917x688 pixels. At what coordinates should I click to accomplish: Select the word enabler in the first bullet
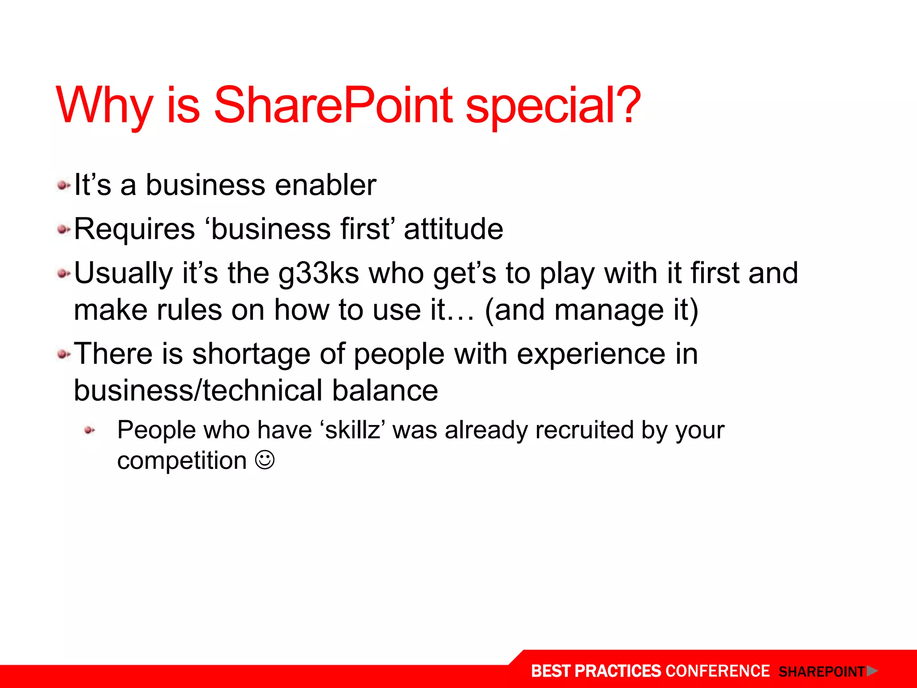click(325, 185)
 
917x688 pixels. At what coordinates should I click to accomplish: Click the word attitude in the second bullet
click(453, 229)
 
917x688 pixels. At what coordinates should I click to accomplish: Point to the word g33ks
click(318, 273)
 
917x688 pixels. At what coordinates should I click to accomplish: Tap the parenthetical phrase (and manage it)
click(591, 310)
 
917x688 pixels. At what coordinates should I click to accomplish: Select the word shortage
click(251, 354)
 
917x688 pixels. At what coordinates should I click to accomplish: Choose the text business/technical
click(198, 391)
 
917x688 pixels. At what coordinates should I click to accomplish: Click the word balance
click(385, 391)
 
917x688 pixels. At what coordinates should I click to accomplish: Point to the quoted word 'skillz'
click(353, 430)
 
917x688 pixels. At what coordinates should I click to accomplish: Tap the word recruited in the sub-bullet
click(584, 430)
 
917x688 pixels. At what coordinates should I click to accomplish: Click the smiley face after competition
click(265, 460)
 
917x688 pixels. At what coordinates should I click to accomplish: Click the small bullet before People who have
click(90, 430)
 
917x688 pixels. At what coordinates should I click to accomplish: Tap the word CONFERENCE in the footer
click(717, 671)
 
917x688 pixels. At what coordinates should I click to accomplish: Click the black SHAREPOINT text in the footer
click(821, 672)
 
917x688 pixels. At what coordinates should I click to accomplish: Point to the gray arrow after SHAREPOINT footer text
click(872, 671)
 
